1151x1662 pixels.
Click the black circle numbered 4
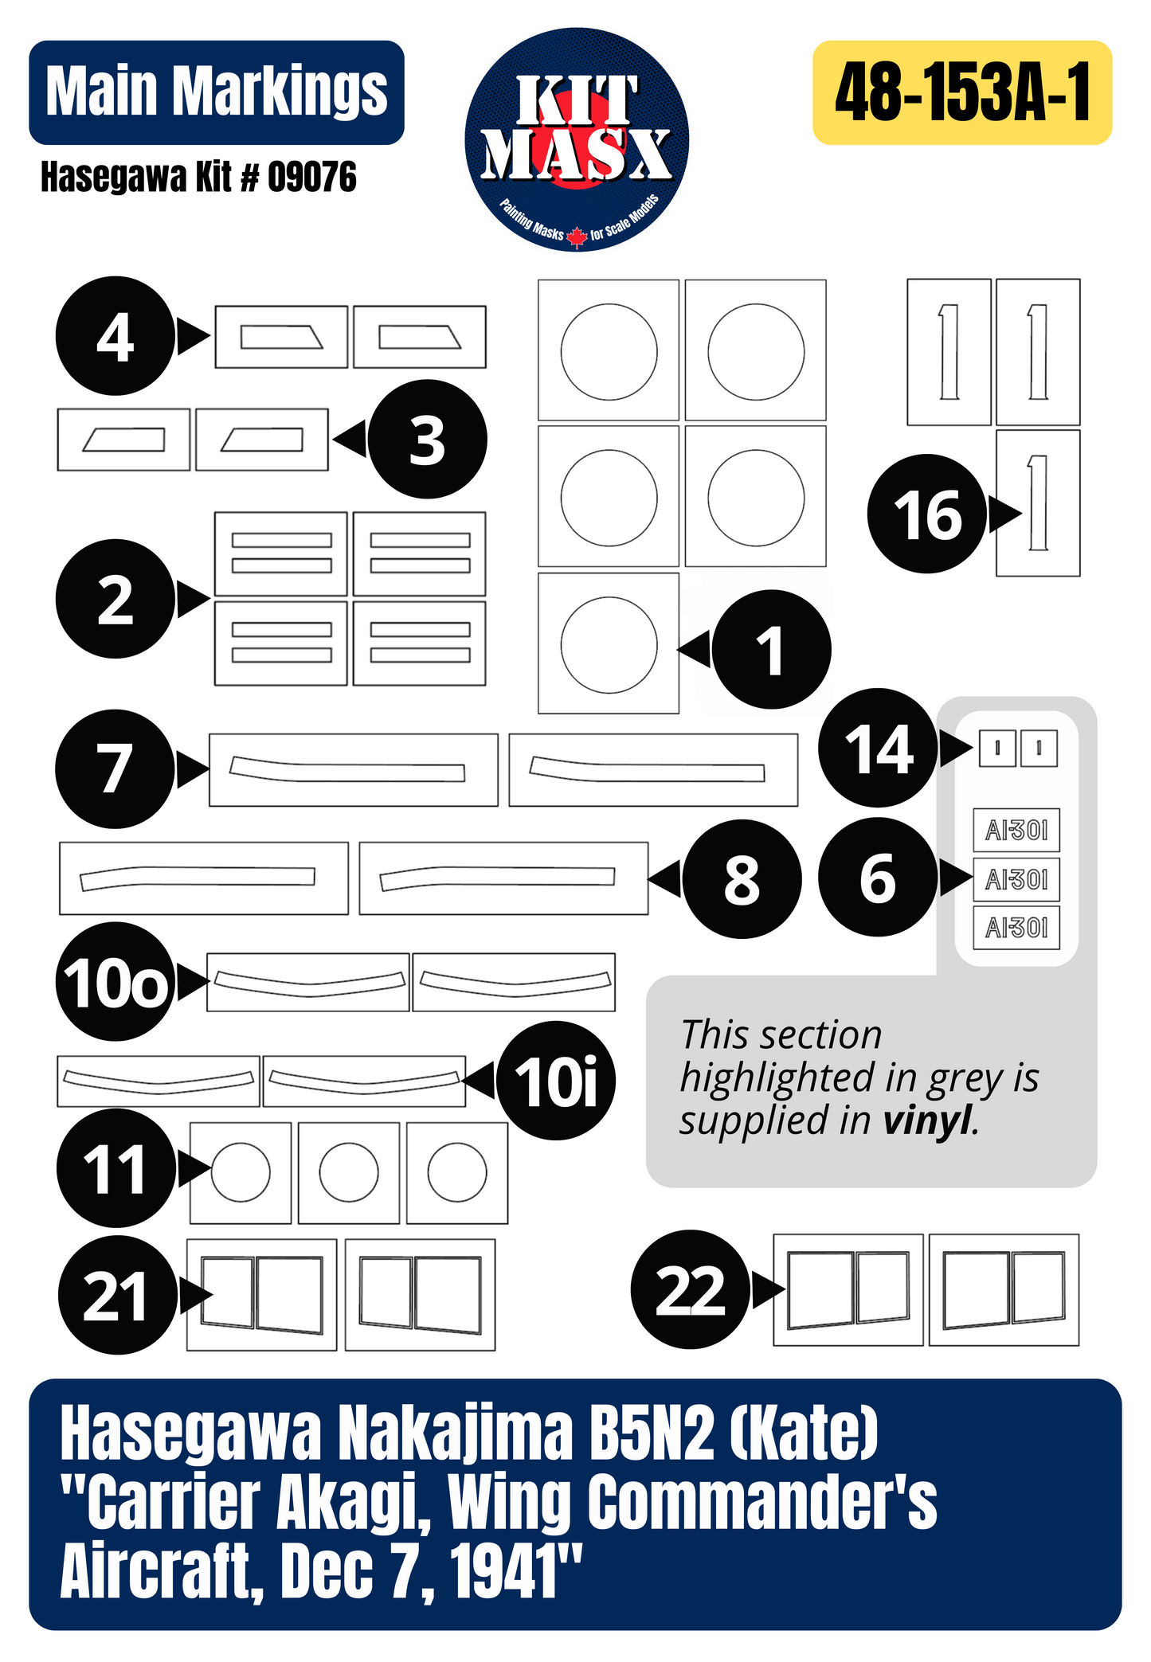click(115, 336)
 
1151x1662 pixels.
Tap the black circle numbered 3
click(427, 440)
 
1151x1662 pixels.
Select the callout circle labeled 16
click(927, 514)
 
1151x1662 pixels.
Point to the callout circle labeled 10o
click(115, 982)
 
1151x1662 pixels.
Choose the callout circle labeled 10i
click(556, 1081)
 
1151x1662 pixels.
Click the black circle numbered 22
click(691, 1289)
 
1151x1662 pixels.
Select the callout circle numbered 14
click(879, 749)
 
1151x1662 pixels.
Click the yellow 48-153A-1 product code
click(962, 92)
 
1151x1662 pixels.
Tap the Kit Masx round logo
click(577, 139)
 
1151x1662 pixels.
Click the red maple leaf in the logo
click(577, 237)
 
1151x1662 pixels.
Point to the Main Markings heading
click(217, 92)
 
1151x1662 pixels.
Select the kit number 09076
click(312, 177)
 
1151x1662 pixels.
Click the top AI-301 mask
click(1017, 831)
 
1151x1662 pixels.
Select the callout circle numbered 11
click(116, 1168)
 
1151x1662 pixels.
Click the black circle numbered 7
click(115, 769)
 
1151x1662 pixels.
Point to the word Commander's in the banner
click(762, 1503)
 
